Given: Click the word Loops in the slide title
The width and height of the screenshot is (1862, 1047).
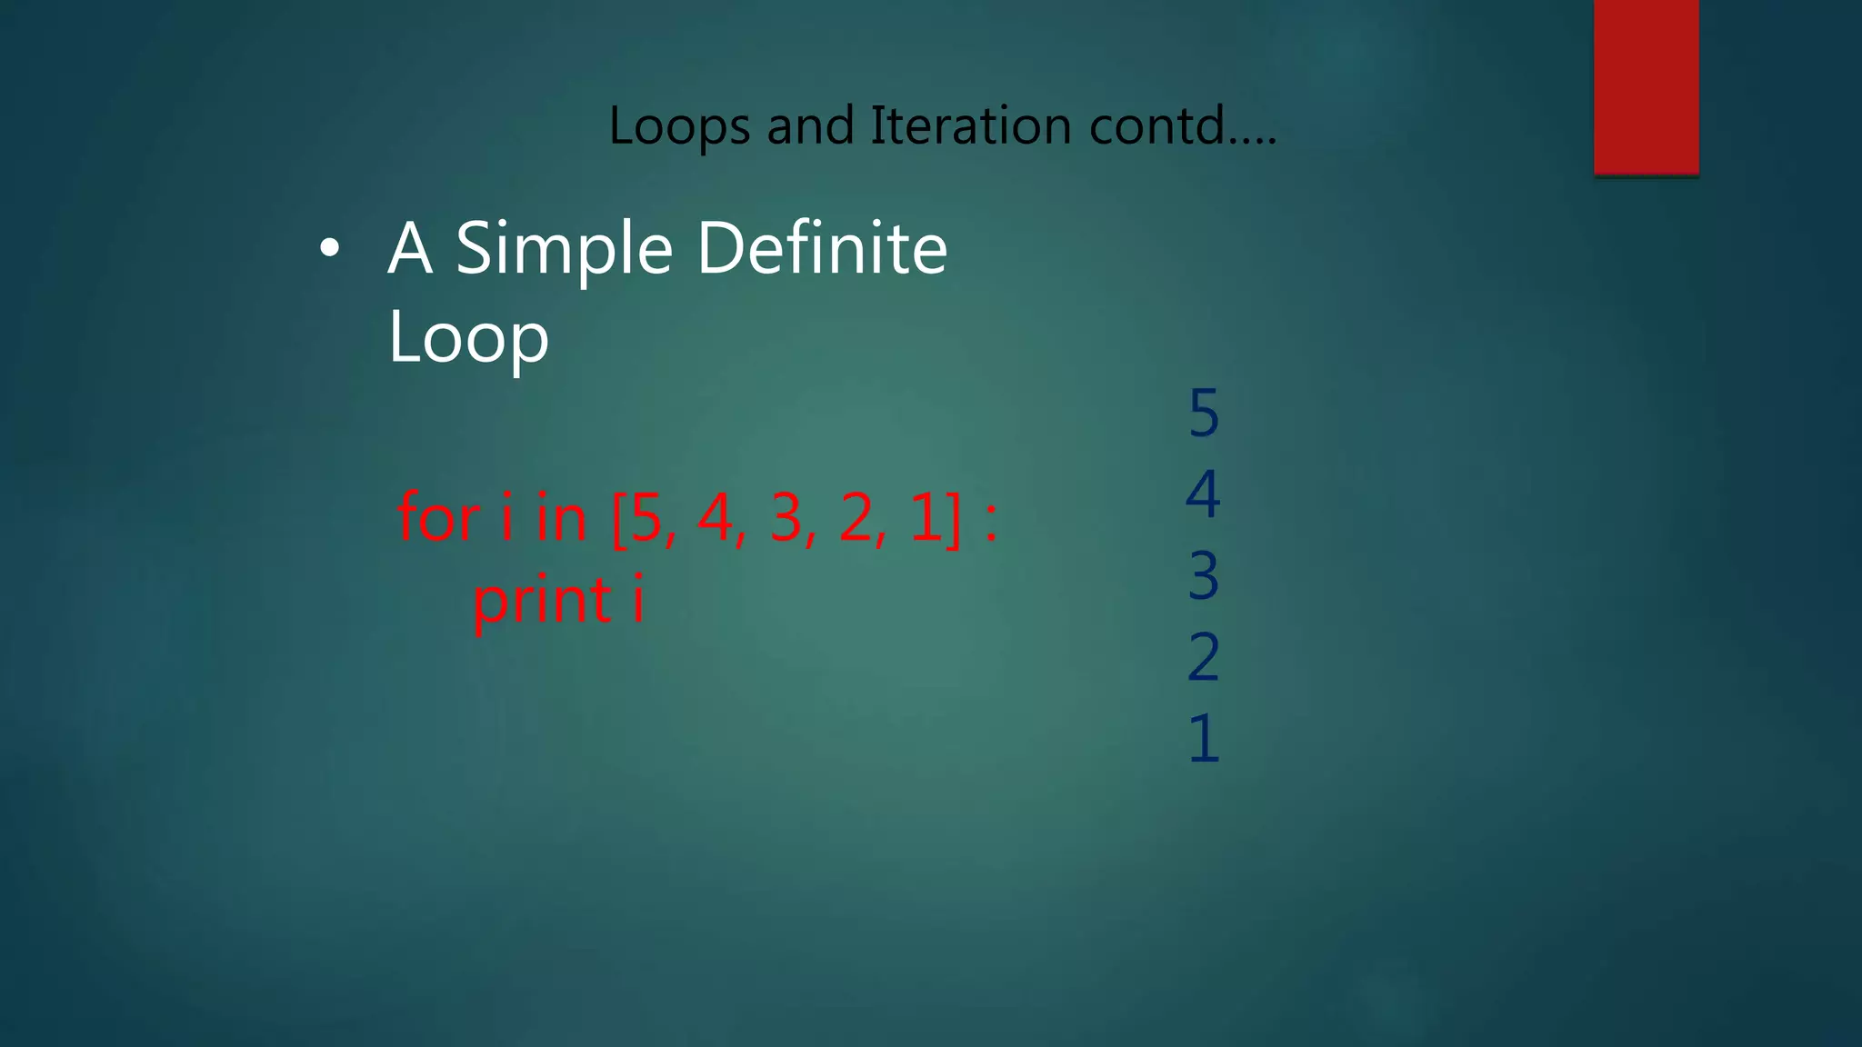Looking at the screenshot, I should point(679,126).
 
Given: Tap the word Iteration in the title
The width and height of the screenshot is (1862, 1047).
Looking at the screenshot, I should point(970,125).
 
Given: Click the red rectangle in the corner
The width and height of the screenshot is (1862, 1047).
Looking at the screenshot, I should point(1646,86).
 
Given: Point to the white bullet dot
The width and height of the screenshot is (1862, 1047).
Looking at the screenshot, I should point(329,248).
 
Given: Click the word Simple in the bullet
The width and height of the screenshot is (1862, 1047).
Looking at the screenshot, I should point(564,250).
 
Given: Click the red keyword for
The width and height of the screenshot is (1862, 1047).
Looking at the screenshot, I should point(439,518).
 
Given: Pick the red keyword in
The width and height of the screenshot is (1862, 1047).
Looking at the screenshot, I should point(561,518).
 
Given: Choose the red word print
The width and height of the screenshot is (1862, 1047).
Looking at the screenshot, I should point(543,602).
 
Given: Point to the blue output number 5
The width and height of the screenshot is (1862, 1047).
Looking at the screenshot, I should point(1204,414).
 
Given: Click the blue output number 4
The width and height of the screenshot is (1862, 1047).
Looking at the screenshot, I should point(1204,494).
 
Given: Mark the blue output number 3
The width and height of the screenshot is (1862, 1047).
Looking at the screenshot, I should point(1204,576).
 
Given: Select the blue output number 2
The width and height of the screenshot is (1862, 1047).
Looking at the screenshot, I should point(1204,657).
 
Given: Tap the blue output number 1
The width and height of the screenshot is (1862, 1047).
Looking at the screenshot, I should point(1204,738).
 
